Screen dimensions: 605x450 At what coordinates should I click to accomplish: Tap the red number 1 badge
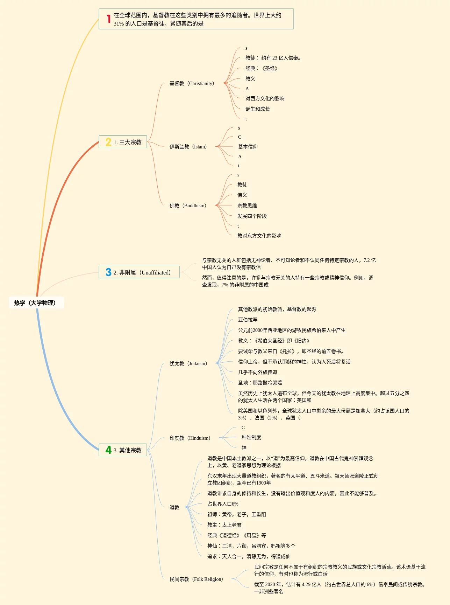(x=109, y=19)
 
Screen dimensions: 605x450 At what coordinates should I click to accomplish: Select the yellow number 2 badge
(x=108, y=142)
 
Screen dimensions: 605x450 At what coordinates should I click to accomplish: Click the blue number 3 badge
(x=108, y=272)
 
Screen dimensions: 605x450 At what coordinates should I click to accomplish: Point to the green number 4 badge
(x=108, y=450)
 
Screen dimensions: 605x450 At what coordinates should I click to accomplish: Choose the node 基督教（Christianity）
(x=192, y=83)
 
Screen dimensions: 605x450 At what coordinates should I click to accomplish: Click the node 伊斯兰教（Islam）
(x=188, y=147)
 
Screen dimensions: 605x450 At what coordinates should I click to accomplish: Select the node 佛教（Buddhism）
(x=188, y=206)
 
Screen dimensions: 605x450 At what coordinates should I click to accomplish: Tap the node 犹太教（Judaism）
(x=188, y=363)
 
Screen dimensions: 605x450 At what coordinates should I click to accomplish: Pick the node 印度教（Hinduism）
(x=190, y=438)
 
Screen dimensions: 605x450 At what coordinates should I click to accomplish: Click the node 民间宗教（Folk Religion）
(x=196, y=579)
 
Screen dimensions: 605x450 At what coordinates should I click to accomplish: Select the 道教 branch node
(x=174, y=507)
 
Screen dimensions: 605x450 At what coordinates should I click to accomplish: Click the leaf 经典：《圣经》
(x=261, y=68)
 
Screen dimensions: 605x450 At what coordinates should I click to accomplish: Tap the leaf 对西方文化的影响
(x=265, y=98)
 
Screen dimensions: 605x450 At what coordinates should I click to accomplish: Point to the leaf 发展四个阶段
(x=252, y=216)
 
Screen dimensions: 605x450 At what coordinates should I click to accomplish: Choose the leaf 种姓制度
(x=251, y=437)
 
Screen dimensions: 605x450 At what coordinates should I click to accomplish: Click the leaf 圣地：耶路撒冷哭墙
(x=260, y=383)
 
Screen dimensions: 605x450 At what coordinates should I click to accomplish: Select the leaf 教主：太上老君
(x=224, y=525)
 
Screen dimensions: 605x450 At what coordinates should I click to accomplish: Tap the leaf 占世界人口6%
(x=223, y=504)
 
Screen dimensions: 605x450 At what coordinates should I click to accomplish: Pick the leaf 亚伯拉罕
(x=248, y=320)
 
